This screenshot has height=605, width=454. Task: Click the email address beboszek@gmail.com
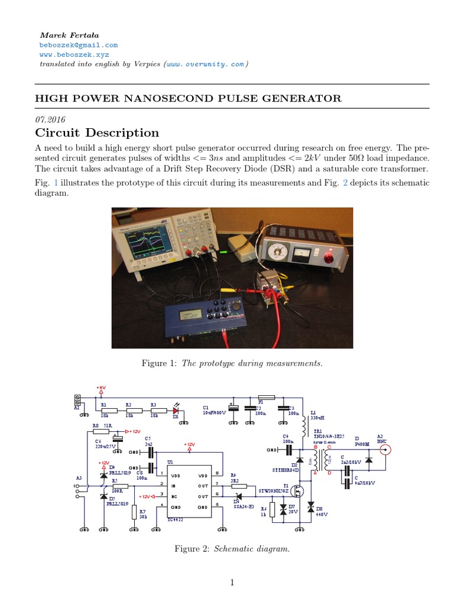point(79,45)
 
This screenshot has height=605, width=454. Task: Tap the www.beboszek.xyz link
point(73,54)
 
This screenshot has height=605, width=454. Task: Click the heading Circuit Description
point(97,132)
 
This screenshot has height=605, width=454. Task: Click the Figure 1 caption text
point(232,363)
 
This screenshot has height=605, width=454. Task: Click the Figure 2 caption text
point(232,549)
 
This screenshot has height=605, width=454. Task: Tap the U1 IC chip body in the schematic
point(189,490)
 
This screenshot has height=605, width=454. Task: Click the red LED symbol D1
point(176,409)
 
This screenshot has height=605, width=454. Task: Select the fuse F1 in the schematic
point(267,398)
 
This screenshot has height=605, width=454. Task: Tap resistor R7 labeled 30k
point(134,512)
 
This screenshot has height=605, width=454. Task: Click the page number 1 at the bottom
point(232,583)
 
